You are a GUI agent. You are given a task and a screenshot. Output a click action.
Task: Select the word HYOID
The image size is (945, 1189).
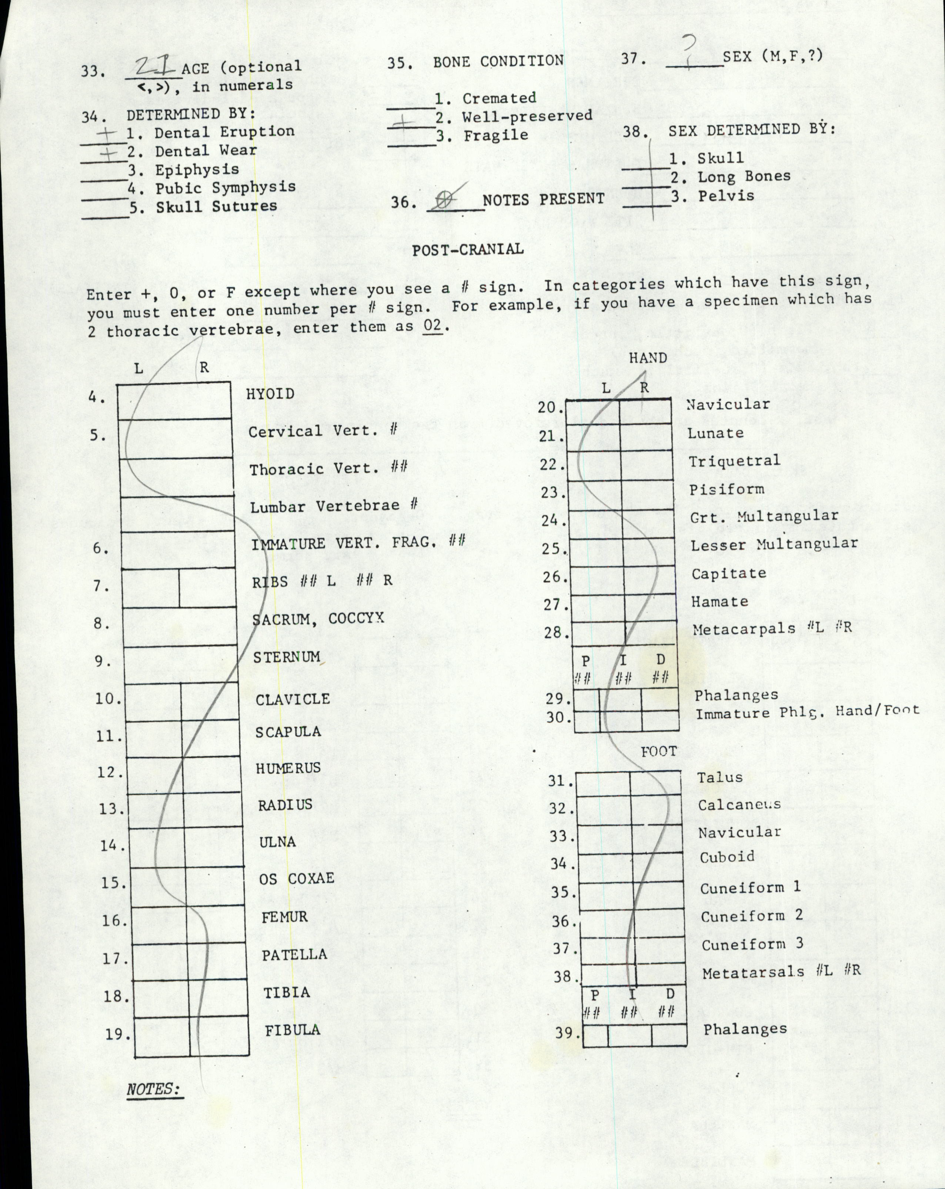(x=270, y=394)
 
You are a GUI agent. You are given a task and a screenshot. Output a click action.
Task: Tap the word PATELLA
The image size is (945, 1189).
(x=294, y=955)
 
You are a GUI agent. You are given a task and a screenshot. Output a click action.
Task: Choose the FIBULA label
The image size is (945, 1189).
(x=292, y=1030)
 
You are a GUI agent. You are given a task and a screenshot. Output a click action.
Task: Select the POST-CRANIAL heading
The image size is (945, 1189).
(x=468, y=249)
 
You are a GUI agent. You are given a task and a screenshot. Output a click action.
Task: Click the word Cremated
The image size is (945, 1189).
(x=499, y=98)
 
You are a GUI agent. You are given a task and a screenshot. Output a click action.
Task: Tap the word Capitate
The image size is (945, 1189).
(x=729, y=573)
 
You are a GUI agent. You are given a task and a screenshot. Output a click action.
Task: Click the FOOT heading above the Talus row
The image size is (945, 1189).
(x=658, y=751)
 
